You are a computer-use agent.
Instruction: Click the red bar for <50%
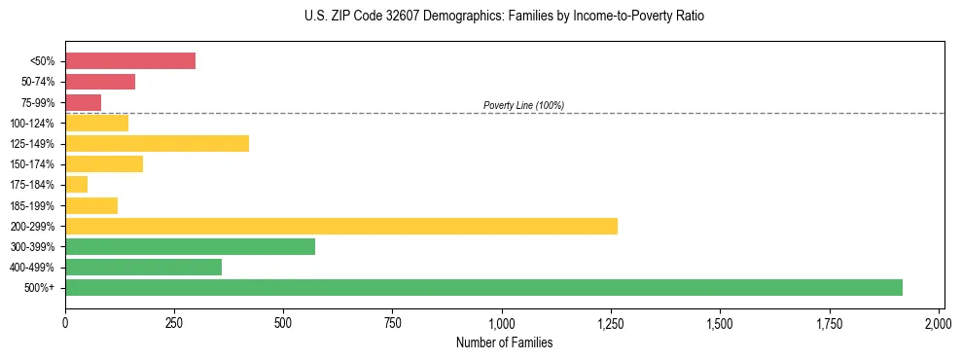(130, 61)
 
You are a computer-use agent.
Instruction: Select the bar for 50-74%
(100, 82)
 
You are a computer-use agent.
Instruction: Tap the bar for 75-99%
(84, 102)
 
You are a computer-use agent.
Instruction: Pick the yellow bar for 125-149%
(157, 144)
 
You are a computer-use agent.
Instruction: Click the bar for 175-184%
(77, 185)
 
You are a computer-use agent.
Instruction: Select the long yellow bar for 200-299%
(341, 226)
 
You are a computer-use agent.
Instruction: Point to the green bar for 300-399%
(191, 247)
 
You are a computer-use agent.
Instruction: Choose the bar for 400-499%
(144, 268)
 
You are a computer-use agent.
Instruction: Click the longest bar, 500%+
(483, 288)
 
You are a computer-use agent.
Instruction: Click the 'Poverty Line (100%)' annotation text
(523, 105)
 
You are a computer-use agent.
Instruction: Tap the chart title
(504, 17)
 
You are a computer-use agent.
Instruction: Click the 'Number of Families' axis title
(504, 342)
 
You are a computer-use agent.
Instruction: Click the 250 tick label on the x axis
(174, 322)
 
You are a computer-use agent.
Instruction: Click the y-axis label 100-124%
(32, 124)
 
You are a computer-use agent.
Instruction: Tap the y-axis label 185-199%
(32, 206)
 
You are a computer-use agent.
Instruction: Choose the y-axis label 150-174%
(32, 164)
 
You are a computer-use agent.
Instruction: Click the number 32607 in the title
(398, 17)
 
